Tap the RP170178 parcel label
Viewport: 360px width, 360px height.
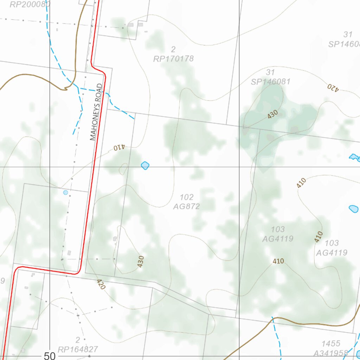pos(173,59)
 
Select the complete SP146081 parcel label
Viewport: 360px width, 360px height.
pos(271,82)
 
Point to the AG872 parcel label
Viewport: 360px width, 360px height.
pos(186,206)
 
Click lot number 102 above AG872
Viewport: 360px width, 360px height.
pos(186,197)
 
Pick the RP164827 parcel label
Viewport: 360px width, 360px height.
pos(78,349)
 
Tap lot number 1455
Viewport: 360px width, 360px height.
pos(331,343)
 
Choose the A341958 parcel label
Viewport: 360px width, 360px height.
pos(330,353)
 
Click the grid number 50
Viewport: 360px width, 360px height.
pos(50,356)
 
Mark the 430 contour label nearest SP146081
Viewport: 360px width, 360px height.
pos(272,114)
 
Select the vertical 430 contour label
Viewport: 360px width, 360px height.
pos(141,262)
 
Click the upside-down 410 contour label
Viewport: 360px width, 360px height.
pos(119,148)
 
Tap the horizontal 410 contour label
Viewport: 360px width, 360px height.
pos(278,261)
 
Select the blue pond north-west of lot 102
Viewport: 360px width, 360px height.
pos(145,165)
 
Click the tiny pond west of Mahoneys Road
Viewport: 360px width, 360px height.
pos(65,192)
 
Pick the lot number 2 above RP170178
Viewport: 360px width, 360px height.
pos(173,49)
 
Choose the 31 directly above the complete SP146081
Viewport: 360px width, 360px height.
pos(270,72)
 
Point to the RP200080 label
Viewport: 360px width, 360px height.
pos(30,4)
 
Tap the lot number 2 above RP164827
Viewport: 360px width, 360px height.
pos(78,340)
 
